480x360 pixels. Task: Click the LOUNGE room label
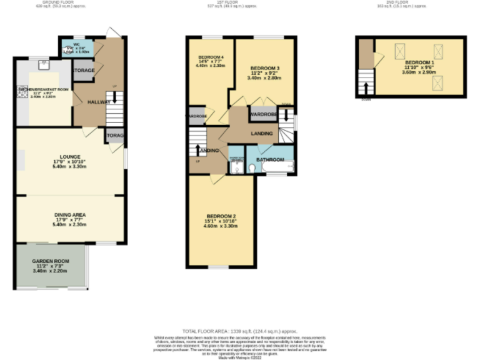(x=69, y=157)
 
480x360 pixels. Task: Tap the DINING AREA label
(x=69, y=215)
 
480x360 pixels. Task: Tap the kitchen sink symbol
(x=43, y=63)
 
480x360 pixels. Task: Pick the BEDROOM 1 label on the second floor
(x=417, y=63)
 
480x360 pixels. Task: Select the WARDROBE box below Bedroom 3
(x=263, y=115)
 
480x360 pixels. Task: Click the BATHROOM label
(x=270, y=159)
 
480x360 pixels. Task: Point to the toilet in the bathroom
(x=252, y=168)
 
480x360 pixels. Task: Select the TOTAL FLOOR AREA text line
(x=239, y=331)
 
